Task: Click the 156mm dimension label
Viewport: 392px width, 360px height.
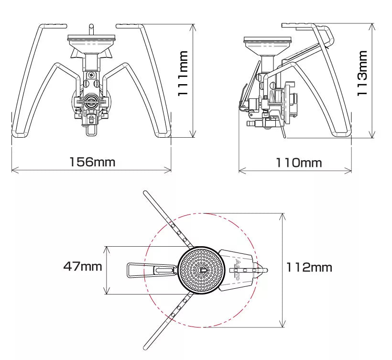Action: click(92, 162)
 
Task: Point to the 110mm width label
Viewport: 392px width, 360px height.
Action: click(298, 163)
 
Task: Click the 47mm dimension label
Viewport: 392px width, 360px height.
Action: click(83, 266)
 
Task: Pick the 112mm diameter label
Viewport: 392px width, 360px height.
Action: click(309, 267)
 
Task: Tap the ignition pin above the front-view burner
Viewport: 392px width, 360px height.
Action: click(91, 29)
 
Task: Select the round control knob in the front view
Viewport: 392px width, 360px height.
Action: click(92, 101)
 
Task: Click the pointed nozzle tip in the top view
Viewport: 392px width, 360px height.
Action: click(266, 270)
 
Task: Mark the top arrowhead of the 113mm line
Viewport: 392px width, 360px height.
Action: click(374, 25)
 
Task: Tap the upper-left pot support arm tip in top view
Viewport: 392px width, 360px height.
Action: click(146, 194)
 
